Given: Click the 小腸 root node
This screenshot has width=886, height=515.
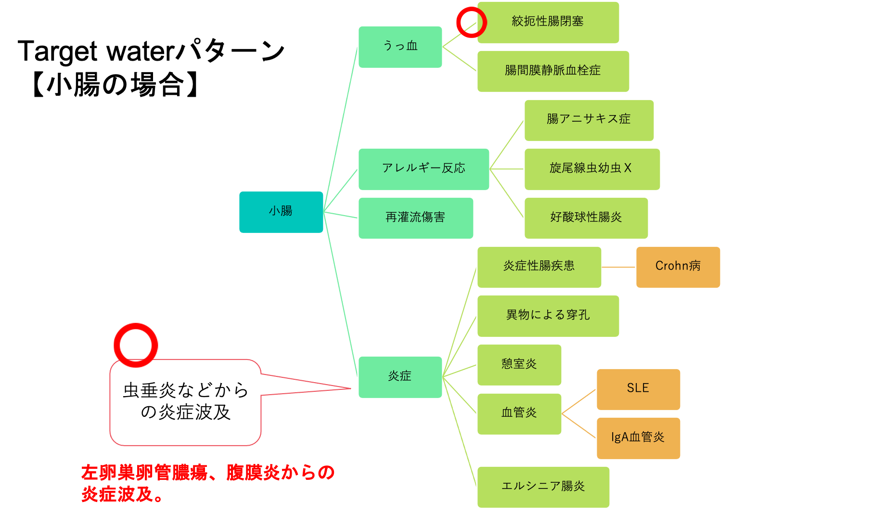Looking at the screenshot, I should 281,212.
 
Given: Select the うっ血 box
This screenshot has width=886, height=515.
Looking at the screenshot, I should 400,47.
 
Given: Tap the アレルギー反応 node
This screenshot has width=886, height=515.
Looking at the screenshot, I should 424,169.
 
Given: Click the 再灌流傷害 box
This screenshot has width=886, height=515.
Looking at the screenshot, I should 415,218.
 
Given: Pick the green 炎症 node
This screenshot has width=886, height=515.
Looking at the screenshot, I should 400,377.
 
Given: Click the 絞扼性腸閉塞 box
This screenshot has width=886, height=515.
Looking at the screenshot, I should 548,22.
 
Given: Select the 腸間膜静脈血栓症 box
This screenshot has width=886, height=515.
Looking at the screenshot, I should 553,71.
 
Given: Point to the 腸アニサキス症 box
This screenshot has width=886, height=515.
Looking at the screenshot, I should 589,120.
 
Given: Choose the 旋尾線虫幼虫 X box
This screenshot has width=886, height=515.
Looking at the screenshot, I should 592,169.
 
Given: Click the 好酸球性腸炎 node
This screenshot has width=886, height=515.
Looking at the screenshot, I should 586,218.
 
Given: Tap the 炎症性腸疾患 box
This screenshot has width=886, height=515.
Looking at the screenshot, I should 539,267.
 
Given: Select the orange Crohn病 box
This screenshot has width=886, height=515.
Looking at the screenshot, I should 678,267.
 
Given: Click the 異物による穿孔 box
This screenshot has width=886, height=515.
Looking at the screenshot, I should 548,316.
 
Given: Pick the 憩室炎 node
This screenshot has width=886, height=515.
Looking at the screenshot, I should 519,364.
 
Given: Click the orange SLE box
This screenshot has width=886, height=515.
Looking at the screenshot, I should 638,389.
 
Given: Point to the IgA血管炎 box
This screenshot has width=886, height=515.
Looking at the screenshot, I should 638,438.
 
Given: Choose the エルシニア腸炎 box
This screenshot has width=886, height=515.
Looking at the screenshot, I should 543,487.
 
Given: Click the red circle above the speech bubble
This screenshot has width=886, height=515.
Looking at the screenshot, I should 136,345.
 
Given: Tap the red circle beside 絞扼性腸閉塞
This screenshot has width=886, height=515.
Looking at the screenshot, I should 471,22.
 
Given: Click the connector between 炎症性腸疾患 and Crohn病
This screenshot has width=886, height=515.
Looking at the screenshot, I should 618,267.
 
